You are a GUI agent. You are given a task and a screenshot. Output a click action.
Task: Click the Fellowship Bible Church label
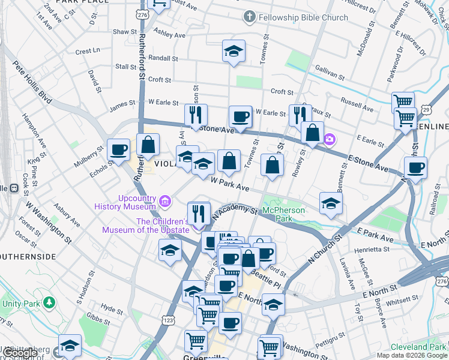[x=303, y=17]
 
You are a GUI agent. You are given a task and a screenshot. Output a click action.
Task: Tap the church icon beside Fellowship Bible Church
[x=249, y=17]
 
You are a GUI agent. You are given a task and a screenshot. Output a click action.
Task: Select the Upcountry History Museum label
[x=124, y=202]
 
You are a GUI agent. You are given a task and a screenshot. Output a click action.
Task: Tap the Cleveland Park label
[x=418, y=347]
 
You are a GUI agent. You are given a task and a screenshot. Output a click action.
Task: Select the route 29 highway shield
[x=425, y=110]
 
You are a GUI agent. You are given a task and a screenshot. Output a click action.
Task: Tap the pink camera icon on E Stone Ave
[x=329, y=139]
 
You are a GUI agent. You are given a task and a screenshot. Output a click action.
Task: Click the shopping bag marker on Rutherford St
[x=148, y=144]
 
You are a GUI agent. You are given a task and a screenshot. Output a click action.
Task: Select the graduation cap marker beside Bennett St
[x=330, y=203]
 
